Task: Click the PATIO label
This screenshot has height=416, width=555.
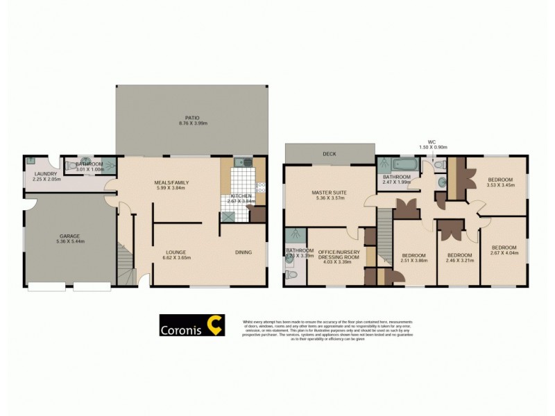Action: click(193, 117)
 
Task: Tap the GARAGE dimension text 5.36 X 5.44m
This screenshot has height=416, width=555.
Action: click(72, 241)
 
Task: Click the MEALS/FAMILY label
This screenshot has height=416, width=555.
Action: click(171, 182)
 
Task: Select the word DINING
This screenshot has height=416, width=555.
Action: click(243, 252)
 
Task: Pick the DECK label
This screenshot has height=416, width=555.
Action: click(329, 154)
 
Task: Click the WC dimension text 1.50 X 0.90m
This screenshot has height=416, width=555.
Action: click(433, 147)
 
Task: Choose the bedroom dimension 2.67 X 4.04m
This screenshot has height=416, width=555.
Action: click(504, 253)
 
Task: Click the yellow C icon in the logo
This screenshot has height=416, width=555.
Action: click(216, 326)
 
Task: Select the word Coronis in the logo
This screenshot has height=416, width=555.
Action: click(182, 330)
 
